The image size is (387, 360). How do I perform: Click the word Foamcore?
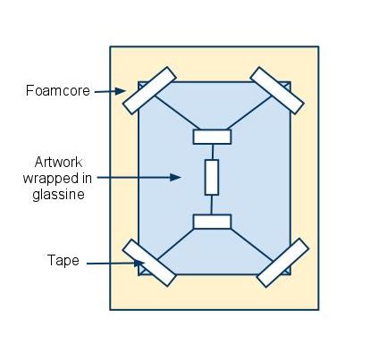[58, 90]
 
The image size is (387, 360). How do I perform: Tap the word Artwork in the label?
[58, 163]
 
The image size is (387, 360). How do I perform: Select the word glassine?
[58, 195]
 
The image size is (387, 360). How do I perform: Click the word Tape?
[63, 260]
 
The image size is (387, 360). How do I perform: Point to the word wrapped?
[49, 179]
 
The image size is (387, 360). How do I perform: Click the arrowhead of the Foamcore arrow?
[121, 91]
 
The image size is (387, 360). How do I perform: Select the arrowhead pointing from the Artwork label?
[175, 177]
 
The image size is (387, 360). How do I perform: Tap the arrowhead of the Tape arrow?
[139, 263]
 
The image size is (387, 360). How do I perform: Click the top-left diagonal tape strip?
[149, 90]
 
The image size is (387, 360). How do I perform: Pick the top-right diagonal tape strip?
[277, 90]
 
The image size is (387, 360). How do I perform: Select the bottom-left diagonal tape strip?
[149, 263]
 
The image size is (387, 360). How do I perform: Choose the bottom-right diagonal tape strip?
[282, 263]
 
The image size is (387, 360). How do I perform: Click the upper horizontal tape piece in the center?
[212, 137]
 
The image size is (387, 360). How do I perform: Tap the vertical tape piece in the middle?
[212, 178]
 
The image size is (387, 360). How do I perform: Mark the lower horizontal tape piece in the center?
[212, 222]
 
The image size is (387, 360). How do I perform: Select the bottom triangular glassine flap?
[215, 252]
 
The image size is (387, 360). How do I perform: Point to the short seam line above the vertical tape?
[213, 152]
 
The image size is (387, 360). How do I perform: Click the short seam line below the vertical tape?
[212, 205]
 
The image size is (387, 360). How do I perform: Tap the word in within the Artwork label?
[86, 179]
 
